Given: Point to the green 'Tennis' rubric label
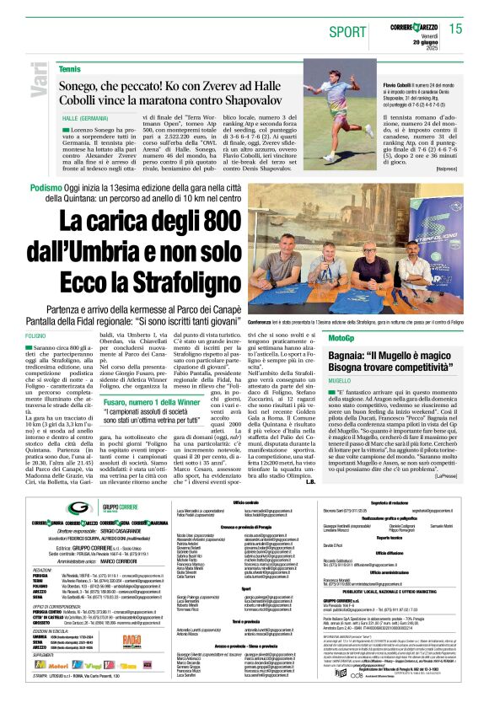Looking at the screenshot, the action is pyautogui.click(x=70, y=68).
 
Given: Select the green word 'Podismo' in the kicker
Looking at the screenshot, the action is pyautogui.click(x=46, y=188).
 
